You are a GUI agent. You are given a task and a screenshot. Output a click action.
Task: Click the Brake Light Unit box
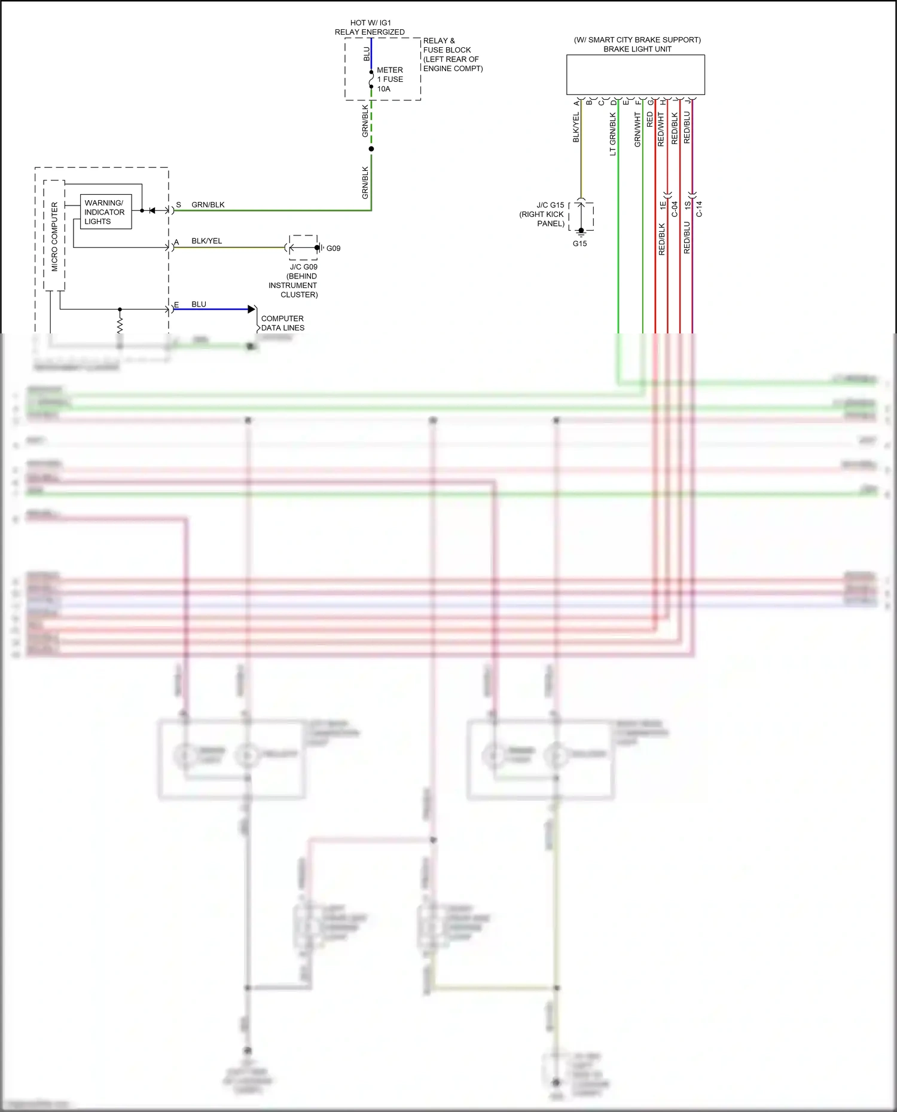point(635,75)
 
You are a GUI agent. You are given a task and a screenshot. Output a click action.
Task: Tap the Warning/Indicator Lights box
point(105,212)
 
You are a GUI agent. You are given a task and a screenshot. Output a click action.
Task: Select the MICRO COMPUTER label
point(54,237)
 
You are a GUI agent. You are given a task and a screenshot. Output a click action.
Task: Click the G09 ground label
point(333,249)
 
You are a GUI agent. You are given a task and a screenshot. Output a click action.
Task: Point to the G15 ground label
point(579,244)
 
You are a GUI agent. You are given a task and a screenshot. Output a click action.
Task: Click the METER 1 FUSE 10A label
point(389,79)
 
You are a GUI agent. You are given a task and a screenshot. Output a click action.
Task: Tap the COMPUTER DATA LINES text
point(282,323)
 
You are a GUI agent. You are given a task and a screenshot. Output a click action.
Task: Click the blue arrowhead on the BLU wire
point(252,310)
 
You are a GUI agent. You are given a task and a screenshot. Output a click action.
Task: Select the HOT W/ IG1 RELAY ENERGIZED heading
point(370,27)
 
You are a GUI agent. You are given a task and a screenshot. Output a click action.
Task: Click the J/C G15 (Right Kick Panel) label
point(542,215)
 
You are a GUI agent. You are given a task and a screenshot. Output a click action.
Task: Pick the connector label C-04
point(675,209)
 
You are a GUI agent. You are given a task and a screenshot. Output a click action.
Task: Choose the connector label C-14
point(699,209)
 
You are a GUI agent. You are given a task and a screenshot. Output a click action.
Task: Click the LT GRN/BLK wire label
point(612,134)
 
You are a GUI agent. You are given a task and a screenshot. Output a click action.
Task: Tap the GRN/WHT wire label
point(637,130)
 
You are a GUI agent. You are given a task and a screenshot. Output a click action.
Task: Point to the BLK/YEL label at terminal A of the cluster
point(206,241)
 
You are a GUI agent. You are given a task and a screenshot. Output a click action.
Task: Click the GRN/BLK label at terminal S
point(208,205)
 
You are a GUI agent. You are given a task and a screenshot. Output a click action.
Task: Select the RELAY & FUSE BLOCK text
point(452,55)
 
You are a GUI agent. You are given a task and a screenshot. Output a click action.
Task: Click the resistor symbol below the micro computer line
point(120,325)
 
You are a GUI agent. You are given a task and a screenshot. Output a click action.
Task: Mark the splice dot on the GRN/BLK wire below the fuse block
point(371,149)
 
